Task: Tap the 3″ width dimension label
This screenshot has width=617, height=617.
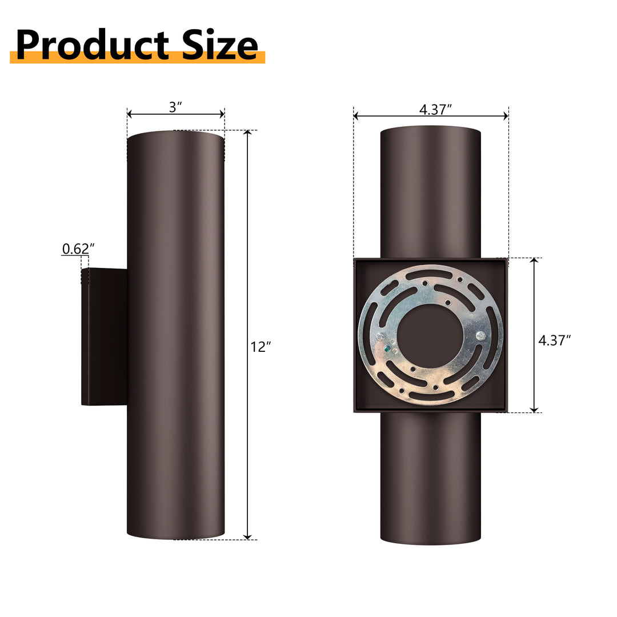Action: point(175,107)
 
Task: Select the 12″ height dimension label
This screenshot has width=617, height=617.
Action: point(261,347)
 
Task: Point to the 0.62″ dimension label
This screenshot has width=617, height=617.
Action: point(78,249)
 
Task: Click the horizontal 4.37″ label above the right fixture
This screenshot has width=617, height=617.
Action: point(435,110)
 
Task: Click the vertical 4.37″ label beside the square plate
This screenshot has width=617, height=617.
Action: point(555,340)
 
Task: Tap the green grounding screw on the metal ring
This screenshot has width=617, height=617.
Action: point(388,347)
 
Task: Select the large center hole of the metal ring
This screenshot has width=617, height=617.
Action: point(430,336)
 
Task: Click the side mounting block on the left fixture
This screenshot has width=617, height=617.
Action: point(104,337)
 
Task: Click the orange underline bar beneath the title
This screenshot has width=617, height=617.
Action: point(137,58)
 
